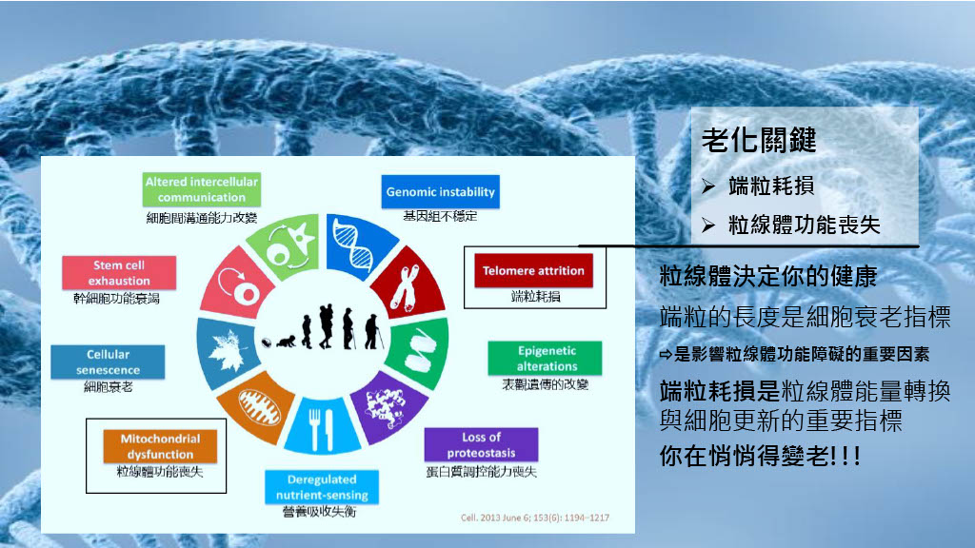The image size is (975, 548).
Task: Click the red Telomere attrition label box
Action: tap(533, 270)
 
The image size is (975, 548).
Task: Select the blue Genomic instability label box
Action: tap(440, 191)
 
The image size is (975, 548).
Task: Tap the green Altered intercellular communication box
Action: tap(202, 189)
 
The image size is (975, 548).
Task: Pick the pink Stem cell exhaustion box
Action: tap(119, 273)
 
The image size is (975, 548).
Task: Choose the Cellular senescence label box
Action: tap(108, 362)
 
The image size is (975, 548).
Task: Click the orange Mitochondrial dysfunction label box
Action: tap(160, 446)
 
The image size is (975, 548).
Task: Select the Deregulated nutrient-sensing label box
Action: tap(322, 487)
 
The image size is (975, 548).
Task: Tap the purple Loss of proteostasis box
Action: tap(481, 444)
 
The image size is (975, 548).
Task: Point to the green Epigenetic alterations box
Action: tap(545, 358)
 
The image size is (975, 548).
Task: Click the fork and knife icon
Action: tap(322, 429)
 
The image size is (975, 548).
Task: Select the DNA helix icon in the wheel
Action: tap(354, 245)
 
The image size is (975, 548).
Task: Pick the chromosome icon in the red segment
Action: tap(405, 287)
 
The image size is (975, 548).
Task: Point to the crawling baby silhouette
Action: tap(286, 342)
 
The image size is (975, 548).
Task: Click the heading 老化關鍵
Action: tap(759, 140)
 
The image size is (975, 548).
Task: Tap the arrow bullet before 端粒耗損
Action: tap(708, 186)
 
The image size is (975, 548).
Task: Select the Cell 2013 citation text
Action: tap(535, 518)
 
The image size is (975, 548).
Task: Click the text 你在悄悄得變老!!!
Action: tap(760, 456)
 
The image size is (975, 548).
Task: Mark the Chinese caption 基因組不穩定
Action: tap(440, 216)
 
